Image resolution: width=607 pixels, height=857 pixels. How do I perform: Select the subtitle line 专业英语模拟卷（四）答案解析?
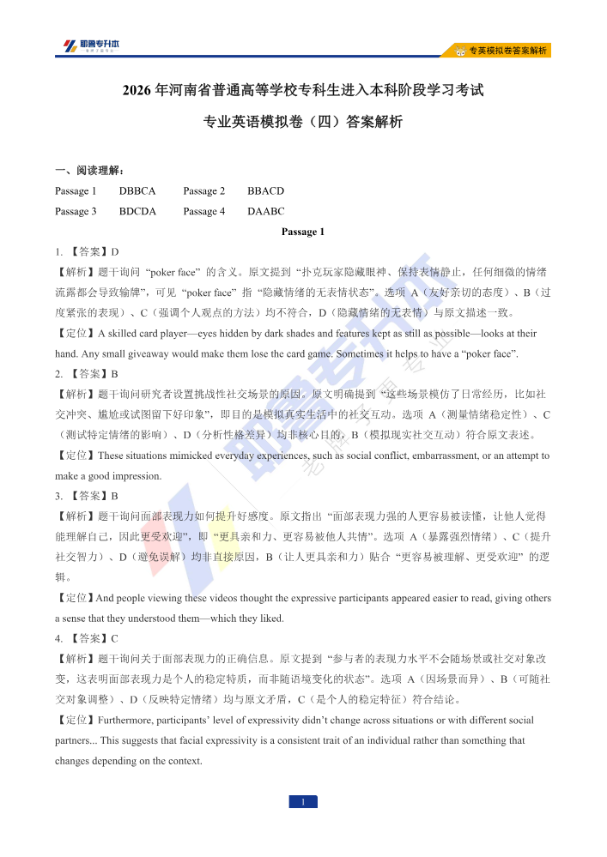(303, 122)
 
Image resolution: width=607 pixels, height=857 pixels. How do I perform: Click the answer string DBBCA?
(137, 190)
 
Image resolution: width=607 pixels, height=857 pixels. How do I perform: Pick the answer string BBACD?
(265, 190)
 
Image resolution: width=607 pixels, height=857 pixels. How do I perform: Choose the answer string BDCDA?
(137, 211)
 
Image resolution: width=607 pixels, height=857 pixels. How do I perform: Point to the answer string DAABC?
(265, 211)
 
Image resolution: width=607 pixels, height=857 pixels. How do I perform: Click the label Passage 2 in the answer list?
(204, 190)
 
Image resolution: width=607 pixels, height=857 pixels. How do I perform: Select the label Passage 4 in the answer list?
(204, 211)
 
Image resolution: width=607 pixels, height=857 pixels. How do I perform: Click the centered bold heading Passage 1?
(303, 232)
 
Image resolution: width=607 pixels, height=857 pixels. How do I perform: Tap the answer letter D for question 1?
(114, 252)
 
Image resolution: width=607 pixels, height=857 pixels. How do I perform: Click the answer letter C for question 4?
(114, 638)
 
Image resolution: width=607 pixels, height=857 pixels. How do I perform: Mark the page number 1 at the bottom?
(303, 802)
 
